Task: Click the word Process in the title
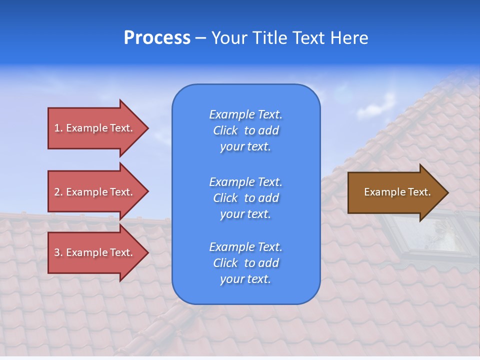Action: [157, 38]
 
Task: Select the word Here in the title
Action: [349, 38]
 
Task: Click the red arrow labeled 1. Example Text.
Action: [95, 128]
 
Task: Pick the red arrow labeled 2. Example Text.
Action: [95, 192]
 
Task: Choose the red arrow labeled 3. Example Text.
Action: [95, 252]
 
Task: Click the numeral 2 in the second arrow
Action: [57, 192]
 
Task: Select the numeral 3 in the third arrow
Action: [57, 252]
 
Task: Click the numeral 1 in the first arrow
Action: [57, 128]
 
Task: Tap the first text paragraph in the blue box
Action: [245, 130]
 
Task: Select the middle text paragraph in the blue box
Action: [245, 198]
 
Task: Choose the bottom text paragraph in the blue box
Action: [245, 263]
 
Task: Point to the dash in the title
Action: [200, 38]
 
